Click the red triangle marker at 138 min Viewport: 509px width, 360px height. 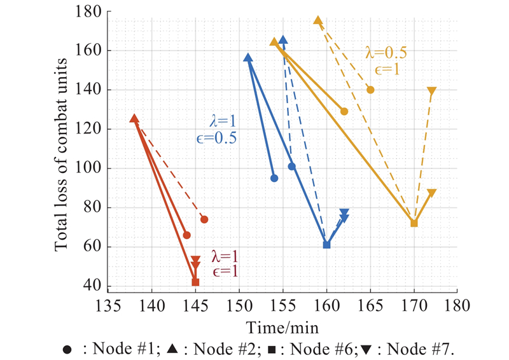[x=134, y=118]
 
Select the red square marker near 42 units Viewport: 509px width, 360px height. [x=195, y=282]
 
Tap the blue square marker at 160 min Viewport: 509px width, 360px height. [x=326, y=244]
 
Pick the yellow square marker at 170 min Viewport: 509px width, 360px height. [x=414, y=223]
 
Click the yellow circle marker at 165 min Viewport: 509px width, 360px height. [x=370, y=90]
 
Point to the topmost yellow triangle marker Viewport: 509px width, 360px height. [x=317, y=21]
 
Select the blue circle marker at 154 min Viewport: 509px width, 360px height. [x=274, y=178]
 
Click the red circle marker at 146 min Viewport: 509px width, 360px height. [x=204, y=219]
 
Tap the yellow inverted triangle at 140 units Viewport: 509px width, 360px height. [x=432, y=91]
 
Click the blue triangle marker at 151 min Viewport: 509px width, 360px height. [x=248, y=59]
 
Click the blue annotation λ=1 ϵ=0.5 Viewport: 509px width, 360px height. [x=216, y=128]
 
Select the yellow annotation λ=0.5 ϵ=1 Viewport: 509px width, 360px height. [x=386, y=60]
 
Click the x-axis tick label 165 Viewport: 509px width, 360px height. [x=370, y=306]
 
